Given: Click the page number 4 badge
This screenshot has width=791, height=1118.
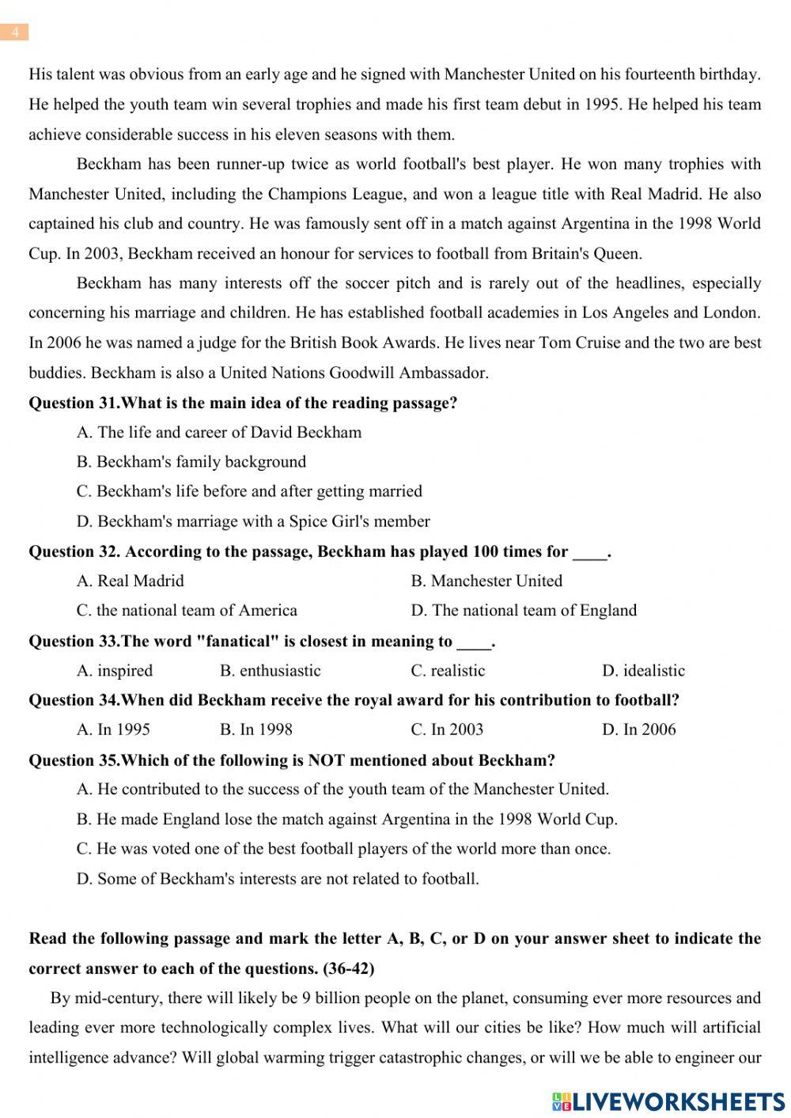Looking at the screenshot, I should (x=14, y=32).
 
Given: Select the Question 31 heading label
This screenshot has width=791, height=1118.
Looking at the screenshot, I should (x=73, y=403).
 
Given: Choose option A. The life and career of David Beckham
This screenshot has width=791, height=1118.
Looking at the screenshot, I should (x=219, y=432).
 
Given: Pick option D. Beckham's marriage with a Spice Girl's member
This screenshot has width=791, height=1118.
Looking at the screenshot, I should (x=253, y=521).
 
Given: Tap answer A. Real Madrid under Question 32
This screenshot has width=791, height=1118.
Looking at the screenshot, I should (x=131, y=581).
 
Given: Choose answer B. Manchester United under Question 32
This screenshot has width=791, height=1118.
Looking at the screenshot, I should (x=486, y=581).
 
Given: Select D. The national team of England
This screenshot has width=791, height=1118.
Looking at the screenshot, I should (x=524, y=610).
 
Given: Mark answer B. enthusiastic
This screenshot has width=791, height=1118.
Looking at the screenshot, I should (x=271, y=671).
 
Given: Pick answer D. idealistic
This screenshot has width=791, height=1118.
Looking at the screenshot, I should (x=643, y=671).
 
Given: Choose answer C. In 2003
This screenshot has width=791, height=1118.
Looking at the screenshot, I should (x=447, y=730).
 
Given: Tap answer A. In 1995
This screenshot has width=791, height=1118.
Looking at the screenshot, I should (x=113, y=730).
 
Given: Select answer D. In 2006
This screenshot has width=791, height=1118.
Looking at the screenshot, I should (x=639, y=730).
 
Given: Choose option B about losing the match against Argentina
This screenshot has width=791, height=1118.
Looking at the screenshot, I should (x=347, y=819).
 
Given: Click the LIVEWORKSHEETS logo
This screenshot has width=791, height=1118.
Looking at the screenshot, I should (x=668, y=1101).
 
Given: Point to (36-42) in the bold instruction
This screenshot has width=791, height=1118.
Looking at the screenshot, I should (x=348, y=968).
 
